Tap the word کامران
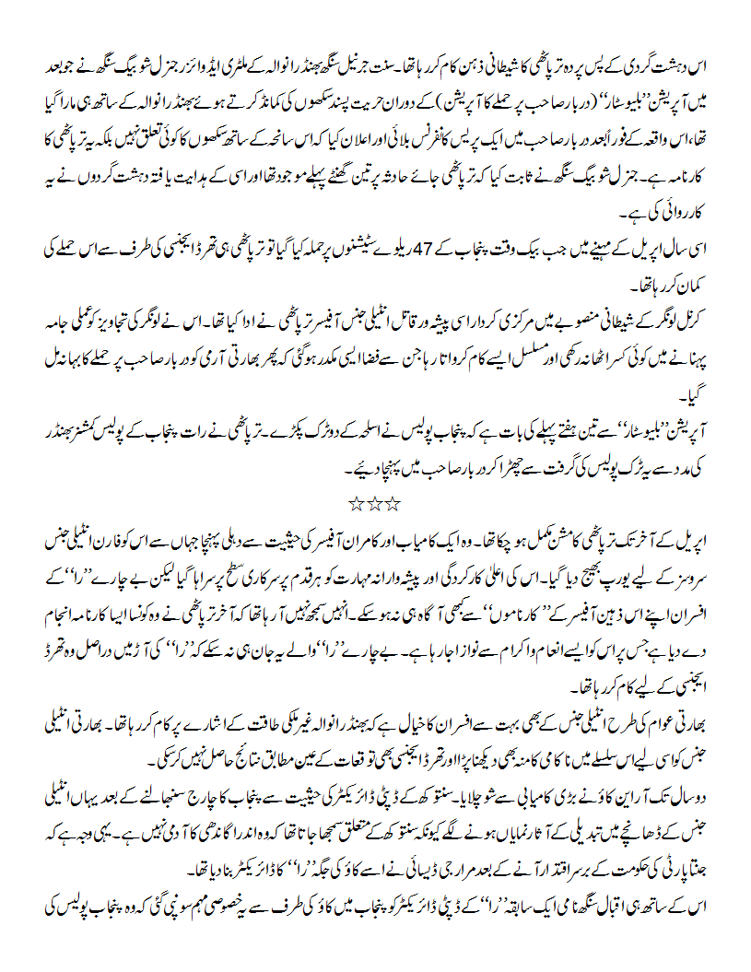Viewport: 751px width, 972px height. [446, 535]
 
